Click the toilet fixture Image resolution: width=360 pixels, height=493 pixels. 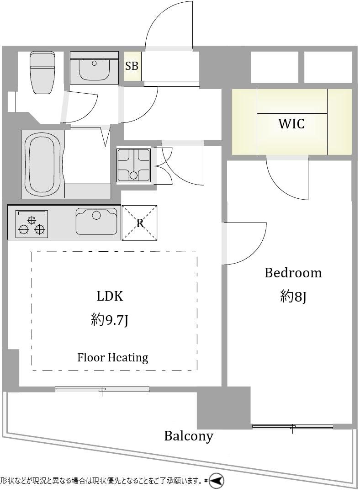(x=42, y=73)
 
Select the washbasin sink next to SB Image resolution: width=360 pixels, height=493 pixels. (x=94, y=68)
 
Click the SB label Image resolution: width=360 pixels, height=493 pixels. (x=132, y=66)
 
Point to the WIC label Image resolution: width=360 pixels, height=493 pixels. (x=291, y=124)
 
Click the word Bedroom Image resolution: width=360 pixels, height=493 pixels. (x=293, y=273)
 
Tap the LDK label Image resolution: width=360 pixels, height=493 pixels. (x=110, y=296)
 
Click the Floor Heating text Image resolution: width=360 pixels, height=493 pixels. (x=113, y=357)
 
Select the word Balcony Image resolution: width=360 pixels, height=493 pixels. (x=189, y=436)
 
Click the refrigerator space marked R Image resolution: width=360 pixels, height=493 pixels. (x=140, y=223)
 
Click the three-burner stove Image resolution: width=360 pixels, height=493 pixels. (x=32, y=224)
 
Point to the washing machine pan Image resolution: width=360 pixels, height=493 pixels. (x=133, y=165)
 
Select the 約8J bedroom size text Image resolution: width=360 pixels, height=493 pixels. (x=293, y=297)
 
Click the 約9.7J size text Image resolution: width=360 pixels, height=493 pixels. (x=110, y=320)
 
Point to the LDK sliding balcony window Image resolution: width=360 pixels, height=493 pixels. (x=102, y=389)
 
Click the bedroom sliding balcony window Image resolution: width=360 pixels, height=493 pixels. (x=293, y=427)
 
